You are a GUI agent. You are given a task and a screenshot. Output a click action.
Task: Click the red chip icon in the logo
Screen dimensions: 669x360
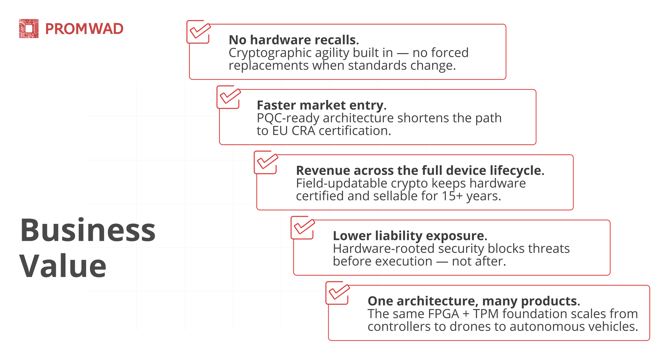point(29,29)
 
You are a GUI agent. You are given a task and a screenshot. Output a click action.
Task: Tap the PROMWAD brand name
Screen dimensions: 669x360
point(84,29)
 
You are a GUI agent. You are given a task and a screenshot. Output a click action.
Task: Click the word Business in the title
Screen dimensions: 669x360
point(88,230)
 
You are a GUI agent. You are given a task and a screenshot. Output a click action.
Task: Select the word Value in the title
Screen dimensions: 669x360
point(63,266)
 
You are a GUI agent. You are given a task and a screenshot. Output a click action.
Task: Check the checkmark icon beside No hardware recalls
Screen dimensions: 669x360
point(199,32)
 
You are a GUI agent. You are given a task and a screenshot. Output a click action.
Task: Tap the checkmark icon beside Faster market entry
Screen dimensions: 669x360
point(229,97)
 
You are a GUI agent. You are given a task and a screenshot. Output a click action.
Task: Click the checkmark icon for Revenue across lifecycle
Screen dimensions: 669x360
point(266,162)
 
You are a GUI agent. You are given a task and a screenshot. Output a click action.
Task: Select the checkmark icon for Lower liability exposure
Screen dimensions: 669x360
point(303,228)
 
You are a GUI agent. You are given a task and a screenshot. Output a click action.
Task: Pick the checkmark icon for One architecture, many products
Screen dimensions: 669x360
point(338,293)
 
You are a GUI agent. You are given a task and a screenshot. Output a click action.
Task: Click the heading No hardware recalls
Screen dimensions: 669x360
point(294,40)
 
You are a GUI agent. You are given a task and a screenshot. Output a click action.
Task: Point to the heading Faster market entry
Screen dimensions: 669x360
point(322,105)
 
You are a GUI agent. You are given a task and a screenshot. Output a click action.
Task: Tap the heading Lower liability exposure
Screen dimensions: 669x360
point(410,236)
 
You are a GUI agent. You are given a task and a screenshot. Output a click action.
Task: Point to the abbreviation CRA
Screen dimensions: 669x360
point(303,131)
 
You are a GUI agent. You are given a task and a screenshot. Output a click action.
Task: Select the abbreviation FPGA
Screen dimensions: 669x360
point(444,314)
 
